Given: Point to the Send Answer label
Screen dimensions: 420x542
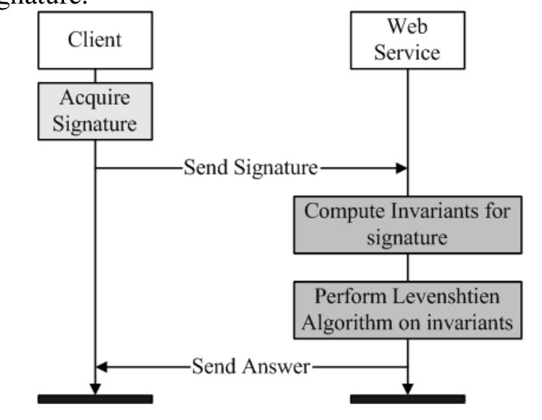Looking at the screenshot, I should [252, 366].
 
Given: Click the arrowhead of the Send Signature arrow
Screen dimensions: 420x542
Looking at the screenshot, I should [399, 169].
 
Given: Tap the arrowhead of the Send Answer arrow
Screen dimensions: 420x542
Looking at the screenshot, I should [103, 366].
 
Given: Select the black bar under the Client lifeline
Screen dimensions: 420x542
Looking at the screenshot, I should [95, 399].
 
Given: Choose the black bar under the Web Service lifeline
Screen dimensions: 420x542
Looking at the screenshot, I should [407, 399].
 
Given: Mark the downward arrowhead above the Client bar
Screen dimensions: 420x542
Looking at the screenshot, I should [95, 387].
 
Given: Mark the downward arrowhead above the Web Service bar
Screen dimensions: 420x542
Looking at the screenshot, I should [407, 387].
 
